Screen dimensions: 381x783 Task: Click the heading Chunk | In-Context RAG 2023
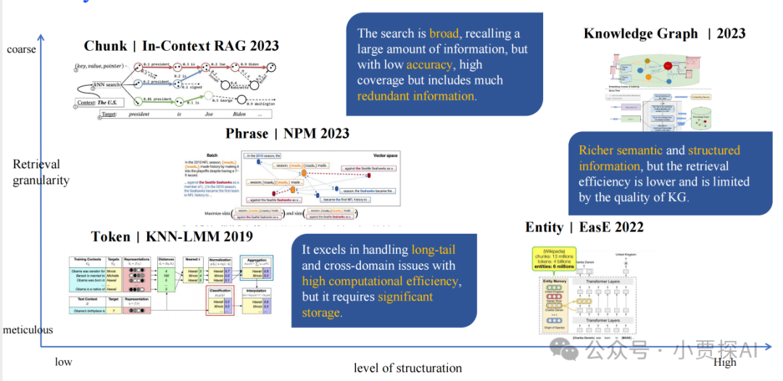pos(181,46)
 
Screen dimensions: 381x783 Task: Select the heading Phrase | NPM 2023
pos(287,134)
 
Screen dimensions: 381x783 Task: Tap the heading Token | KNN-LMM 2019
pos(172,237)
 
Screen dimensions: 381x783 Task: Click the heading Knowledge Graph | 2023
pos(664,33)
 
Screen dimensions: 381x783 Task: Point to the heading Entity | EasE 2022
pos(584,227)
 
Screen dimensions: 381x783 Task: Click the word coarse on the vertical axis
pos(21,49)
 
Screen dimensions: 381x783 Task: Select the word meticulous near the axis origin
pos(28,329)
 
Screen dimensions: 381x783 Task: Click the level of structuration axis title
pos(407,368)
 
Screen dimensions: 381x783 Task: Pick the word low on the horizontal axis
pos(64,361)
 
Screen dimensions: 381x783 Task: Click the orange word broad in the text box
pos(444,33)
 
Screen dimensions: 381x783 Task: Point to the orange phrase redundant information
pos(416,96)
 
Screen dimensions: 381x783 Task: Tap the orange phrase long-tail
pos(434,250)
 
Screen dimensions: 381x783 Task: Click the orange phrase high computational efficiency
pos(380,281)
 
